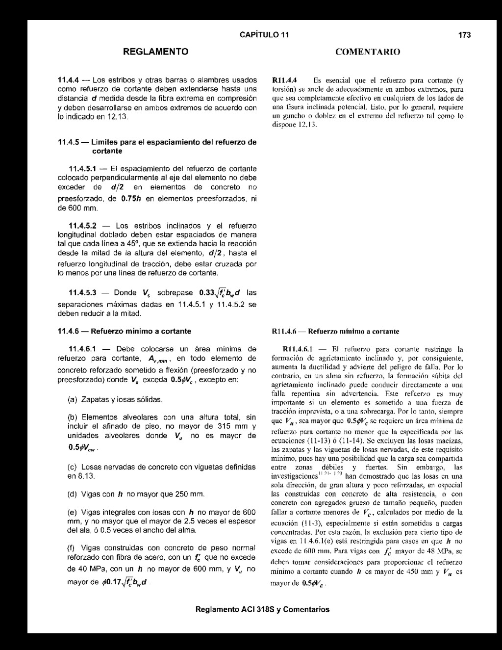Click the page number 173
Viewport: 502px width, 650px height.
point(464,35)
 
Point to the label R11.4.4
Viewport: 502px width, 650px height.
point(285,80)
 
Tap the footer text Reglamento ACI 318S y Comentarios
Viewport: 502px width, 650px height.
point(262,610)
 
